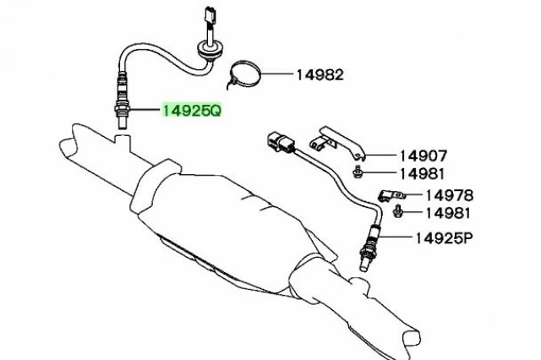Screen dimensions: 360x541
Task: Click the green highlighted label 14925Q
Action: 192,111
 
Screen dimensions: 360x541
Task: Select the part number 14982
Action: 319,74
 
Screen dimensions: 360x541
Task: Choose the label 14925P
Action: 442,238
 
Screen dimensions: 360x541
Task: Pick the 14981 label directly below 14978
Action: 448,213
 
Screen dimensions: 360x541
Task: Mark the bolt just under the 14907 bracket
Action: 359,172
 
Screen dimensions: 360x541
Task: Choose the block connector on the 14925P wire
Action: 281,141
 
